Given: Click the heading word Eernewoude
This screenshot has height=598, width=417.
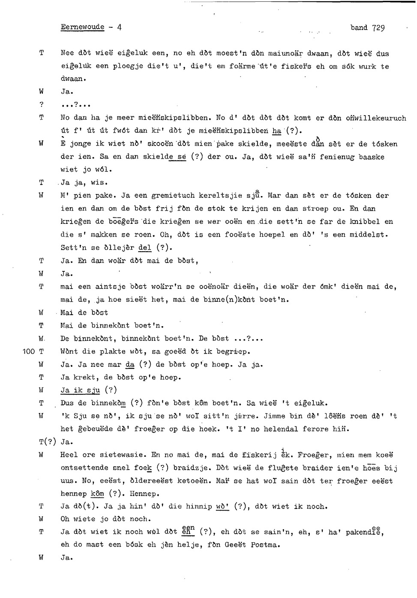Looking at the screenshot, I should coord(82,27).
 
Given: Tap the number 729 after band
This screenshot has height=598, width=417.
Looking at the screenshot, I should coord(378,28).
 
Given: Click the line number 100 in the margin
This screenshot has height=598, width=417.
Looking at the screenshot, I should coord(28,351).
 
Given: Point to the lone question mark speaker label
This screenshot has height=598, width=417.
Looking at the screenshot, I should coord(41,104).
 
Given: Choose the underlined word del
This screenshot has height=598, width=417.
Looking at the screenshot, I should coord(145,248).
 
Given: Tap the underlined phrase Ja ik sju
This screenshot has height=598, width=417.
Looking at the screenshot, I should coord(80,390).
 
